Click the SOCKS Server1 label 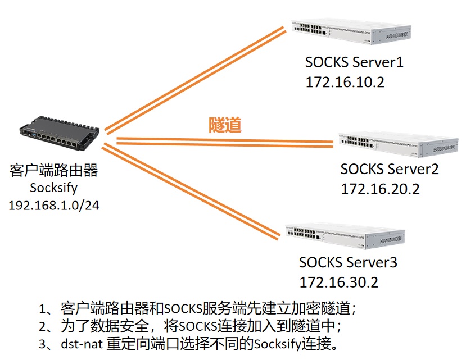[x=354, y=62]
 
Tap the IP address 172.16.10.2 [x=345, y=82]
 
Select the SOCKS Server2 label [x=389, y=168]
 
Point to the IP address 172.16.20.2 [x=380, y=189]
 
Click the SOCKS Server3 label [x=348, y=262]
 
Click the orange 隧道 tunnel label [x=225, y=125]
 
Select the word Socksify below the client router [x=53, y=188]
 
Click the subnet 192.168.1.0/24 [x=53, y=205]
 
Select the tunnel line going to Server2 [x=225, y=140]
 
